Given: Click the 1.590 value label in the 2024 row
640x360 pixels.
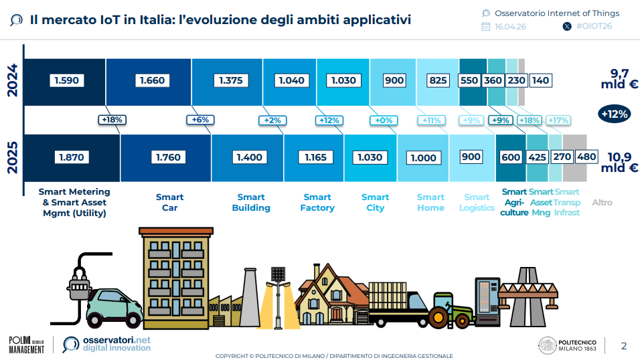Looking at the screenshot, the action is [66, 80].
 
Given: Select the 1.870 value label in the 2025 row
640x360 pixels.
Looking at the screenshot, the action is [72, 157].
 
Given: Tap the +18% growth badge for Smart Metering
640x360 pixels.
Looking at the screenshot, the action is [112, 120].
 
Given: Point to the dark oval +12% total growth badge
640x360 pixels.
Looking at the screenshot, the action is [615, 114].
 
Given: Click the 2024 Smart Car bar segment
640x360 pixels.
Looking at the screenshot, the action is [149, 82].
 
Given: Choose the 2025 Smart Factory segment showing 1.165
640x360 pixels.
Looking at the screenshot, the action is [314, 158].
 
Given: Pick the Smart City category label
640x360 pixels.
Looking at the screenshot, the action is [375, 203].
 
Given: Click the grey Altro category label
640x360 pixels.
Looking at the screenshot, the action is [602, 203].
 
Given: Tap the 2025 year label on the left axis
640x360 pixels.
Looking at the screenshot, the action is [13, 157].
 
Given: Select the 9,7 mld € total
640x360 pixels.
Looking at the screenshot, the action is [619, 79].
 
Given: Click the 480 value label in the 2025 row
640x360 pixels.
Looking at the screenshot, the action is [586, 157].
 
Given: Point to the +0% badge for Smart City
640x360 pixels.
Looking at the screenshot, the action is [384, 120].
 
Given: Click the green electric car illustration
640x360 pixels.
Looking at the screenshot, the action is [114, 308].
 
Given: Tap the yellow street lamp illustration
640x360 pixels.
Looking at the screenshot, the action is [278, 298].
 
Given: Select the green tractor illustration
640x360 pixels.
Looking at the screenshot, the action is [451, 310].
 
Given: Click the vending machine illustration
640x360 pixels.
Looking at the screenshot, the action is [487, 302].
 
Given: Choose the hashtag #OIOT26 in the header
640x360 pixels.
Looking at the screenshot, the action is [594, 26].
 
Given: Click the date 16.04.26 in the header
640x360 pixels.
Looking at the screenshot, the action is [510, 27].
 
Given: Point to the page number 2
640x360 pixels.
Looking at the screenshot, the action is [624, 346].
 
